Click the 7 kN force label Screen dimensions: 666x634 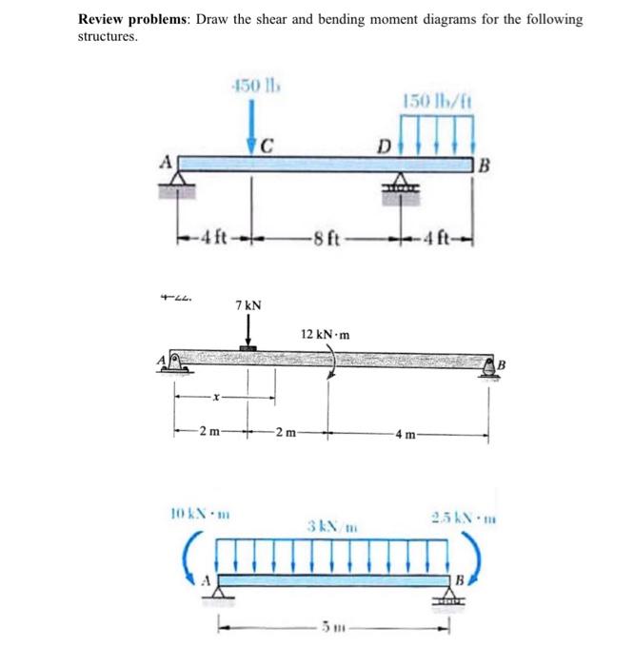[248, 306]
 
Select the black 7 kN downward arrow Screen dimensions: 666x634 [248, 333]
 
